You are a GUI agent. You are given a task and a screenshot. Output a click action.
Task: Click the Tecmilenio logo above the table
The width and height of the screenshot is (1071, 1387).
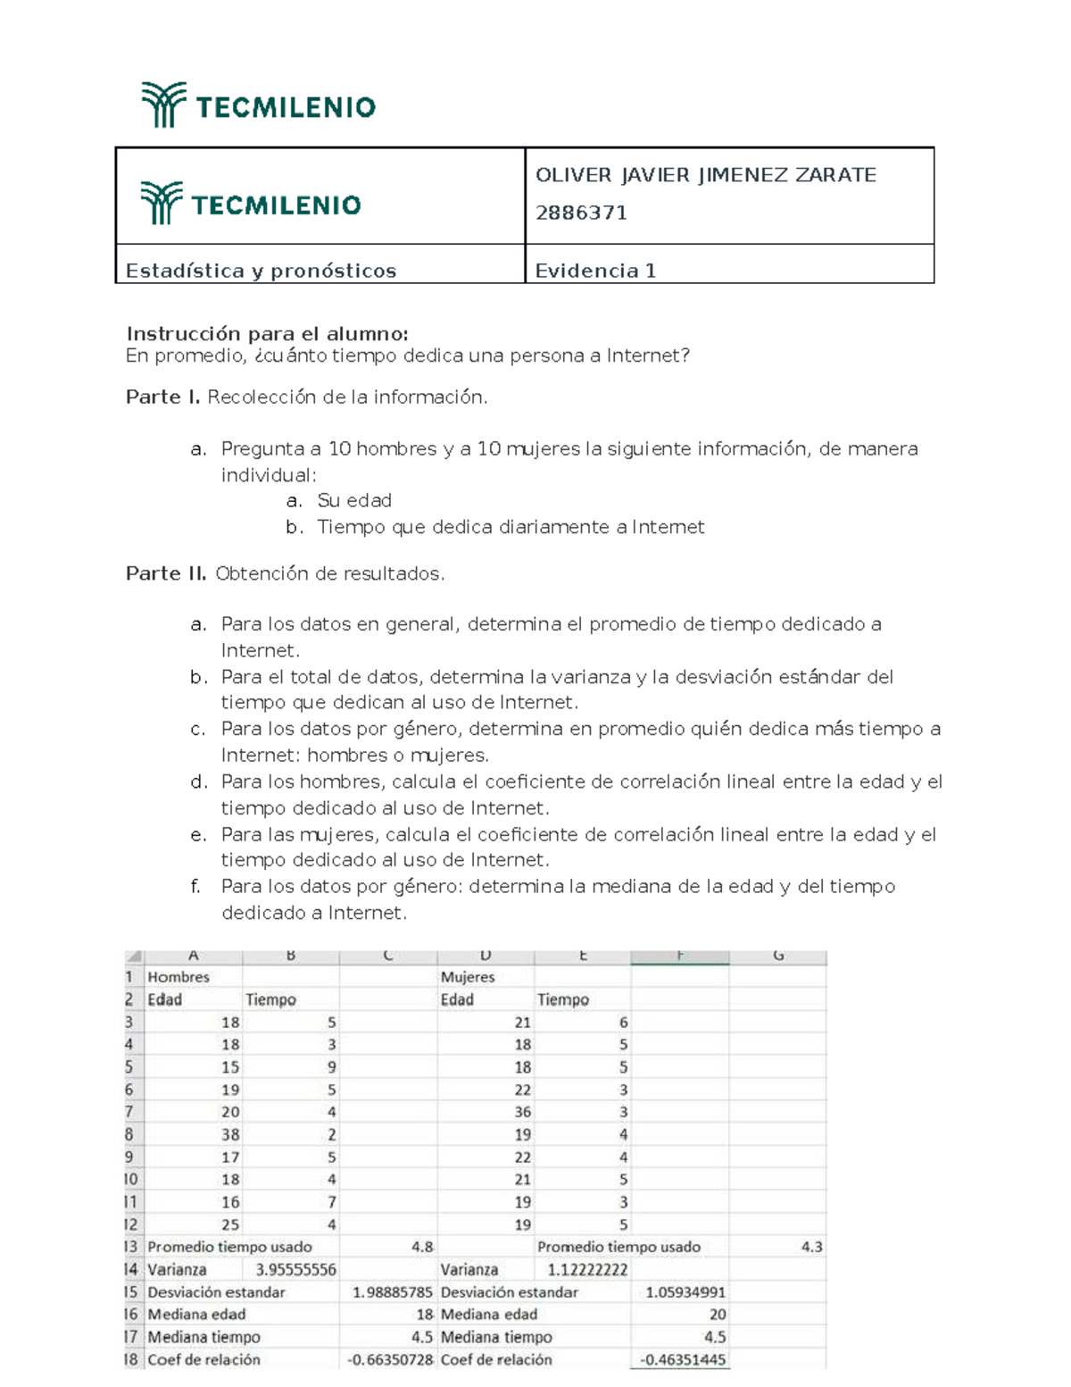point(258,105)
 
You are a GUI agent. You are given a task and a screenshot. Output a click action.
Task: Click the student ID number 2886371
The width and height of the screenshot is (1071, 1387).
point(581,213)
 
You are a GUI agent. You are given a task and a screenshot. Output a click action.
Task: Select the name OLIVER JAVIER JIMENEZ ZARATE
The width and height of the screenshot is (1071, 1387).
point(705,175)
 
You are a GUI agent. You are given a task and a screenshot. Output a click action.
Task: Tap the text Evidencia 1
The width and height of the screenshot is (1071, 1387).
point(595,271)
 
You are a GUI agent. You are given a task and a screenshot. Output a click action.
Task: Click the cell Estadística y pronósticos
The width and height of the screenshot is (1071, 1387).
point(261,271)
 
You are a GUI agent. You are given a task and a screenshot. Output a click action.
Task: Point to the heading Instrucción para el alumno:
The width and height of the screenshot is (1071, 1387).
point(267,334)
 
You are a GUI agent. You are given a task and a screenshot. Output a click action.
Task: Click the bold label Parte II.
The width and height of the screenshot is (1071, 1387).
point(166,573)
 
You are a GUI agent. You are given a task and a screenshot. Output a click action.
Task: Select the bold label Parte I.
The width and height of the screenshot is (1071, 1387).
point(162,397)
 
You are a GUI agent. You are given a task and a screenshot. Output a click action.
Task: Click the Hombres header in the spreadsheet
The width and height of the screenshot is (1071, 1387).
point(178,977)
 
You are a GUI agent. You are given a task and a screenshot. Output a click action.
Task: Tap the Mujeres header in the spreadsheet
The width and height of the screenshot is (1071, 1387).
point(467,977)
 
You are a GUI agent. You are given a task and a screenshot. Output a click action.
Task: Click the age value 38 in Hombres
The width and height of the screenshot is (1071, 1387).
point(230,1134)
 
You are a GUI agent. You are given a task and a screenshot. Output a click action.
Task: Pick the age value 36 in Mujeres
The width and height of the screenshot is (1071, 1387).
point(522,1112)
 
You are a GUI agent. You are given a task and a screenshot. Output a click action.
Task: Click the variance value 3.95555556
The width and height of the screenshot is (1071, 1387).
point(295,1269)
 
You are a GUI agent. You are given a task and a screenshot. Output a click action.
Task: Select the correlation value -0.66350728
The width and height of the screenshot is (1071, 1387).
point(390,1359)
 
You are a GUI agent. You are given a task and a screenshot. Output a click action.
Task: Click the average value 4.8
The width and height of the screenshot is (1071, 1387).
point(422,1247)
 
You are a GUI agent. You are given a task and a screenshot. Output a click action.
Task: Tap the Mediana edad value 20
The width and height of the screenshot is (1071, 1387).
point(717,1314)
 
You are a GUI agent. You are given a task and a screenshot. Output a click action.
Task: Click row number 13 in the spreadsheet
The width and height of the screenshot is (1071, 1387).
point(131,1247)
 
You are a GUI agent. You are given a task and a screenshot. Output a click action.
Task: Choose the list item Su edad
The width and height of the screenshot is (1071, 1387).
point(354,501)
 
